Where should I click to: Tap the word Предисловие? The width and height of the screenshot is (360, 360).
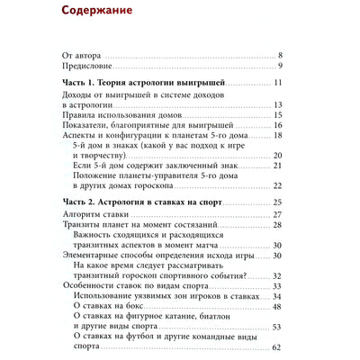point(90,66)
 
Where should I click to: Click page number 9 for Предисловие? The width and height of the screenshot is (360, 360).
point(282,66)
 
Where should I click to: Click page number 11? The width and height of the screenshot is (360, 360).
point(279,83)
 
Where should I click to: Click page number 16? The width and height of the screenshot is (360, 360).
point(279,125)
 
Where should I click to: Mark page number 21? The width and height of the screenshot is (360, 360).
point(279,166)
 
